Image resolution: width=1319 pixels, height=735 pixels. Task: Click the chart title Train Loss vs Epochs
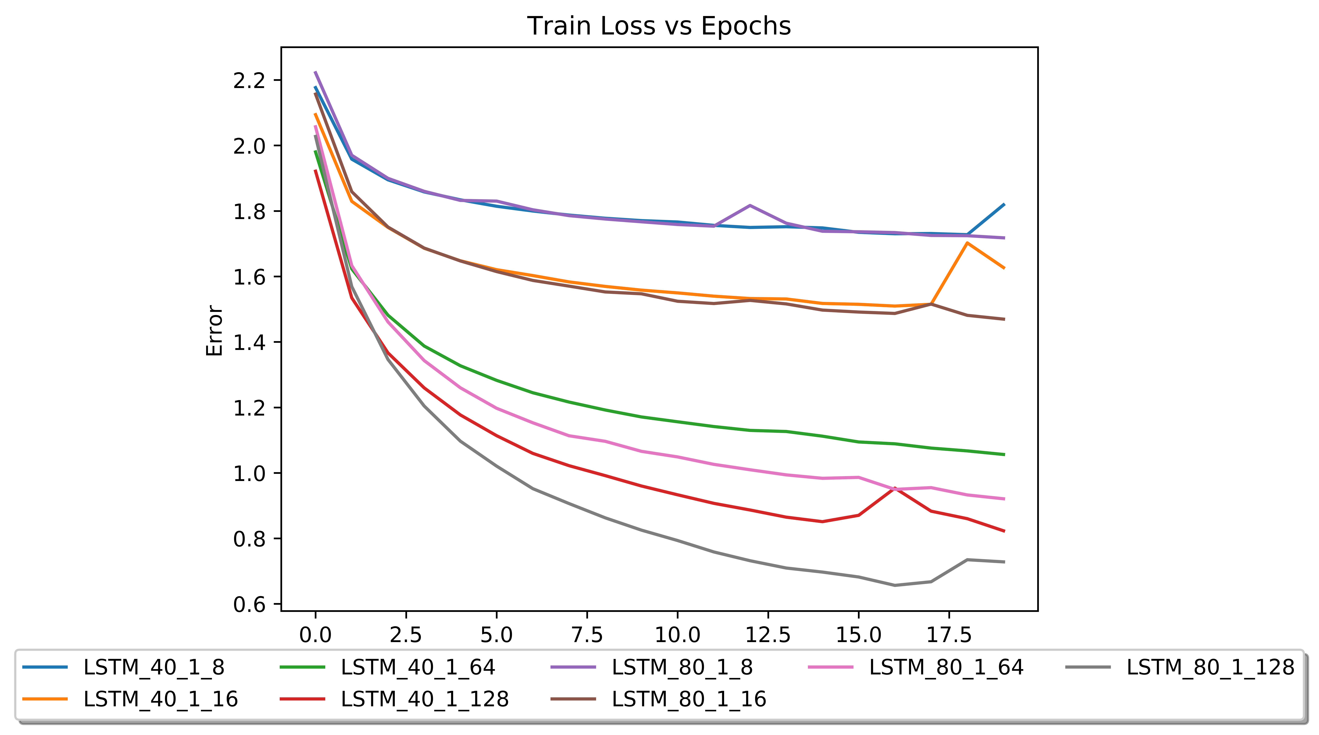659,26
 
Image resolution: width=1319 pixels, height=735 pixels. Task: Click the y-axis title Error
215,331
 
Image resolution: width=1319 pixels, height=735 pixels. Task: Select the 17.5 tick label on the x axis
949,635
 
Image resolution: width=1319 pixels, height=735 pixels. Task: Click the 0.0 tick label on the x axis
315,635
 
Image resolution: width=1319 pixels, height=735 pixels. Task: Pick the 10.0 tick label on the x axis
677,635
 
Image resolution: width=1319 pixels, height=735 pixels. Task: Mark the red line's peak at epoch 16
895,488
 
